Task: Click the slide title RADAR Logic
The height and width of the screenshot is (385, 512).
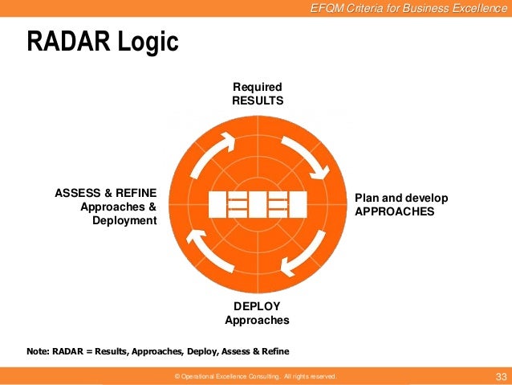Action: (103, 42)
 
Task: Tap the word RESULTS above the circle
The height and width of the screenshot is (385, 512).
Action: (258, 100)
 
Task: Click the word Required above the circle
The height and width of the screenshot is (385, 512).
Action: (258, 87)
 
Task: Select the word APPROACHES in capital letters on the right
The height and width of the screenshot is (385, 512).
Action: (394, 211)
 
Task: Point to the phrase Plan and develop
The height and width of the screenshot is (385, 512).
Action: (401, 198)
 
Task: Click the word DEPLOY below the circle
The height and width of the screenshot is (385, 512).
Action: (257, 306)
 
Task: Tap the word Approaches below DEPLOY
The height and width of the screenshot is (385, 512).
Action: (257, 320)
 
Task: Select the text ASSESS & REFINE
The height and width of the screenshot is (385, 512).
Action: (105, 193)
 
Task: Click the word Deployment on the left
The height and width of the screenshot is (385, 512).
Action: (124, 220)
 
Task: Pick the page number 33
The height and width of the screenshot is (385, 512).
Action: (502, 376)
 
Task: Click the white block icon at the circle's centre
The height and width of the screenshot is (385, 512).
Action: (257, 204)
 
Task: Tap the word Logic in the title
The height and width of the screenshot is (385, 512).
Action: (147, 42)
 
